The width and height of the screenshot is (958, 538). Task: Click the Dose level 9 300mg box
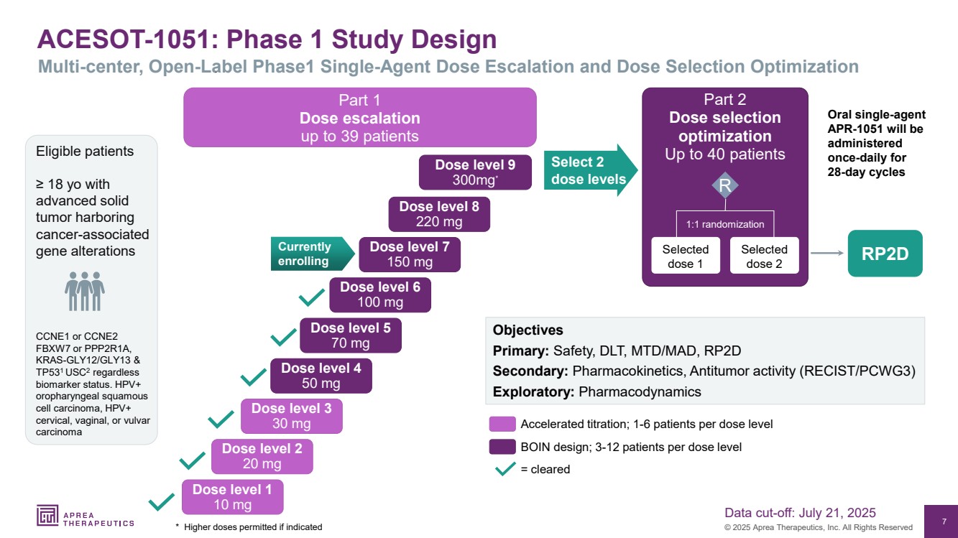click(x=475, y=172)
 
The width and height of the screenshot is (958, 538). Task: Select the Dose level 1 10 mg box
click(x=232, y=497)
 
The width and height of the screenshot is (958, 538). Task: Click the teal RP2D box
click(x=885, y=254)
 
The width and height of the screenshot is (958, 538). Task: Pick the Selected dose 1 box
click(x=685, y=256)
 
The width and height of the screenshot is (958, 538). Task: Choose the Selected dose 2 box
click(x=764, y=256)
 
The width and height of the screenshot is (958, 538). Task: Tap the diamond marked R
click(x=724, y=185)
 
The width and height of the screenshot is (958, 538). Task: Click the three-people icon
click(x=85, y=290)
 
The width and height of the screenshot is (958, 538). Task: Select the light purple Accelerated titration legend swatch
click(x=502, y=424)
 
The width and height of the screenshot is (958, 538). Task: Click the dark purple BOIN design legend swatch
click(x=502, y=447)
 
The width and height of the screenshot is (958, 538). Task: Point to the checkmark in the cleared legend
click(x=505, y=469)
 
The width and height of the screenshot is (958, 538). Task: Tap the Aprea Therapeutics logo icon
click(x=47, y=515)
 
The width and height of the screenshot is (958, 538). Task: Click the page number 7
click(x=943, y=521)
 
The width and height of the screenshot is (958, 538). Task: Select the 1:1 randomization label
click(x=724, y=224)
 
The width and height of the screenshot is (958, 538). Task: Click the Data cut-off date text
click(x=800, y=512)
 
